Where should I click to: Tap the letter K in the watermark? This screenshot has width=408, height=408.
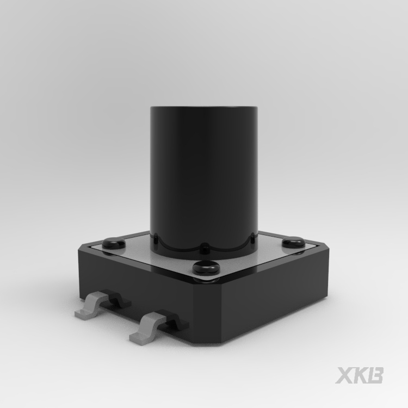point(360,375)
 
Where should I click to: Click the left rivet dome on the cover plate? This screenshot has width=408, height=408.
point(114,244)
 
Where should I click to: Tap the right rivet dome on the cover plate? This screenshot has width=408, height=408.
point(294,242)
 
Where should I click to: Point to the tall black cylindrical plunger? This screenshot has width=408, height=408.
point(204,180)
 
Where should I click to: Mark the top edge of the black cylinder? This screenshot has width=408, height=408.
point(204,107)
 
